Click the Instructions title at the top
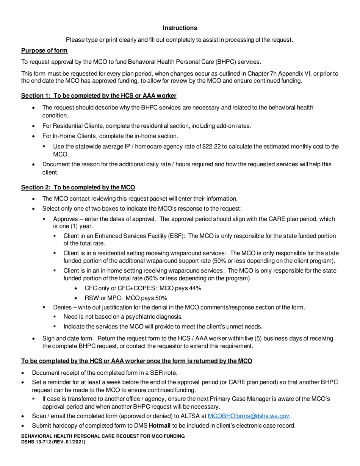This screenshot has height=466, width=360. click(x=180, y=28)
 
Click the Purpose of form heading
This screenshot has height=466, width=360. click(x=44, y=51)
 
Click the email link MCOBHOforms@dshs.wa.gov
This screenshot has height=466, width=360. click(x=249, y=416)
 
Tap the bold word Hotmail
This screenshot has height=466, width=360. click(x=159, y=425)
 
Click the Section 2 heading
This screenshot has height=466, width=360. click(x=78, y=187)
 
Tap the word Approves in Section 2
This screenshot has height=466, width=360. click(x=67, y=219)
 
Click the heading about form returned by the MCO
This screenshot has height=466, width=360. click(x=136, y=361)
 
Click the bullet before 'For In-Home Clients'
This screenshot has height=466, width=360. click(x=35, y=136)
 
